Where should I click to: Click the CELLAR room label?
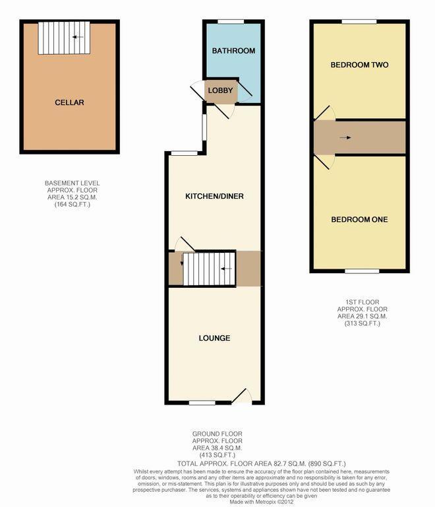point(69,102)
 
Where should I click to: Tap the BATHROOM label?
point(233,51)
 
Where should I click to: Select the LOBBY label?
point(219,90)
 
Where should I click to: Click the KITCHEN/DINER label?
point(214,197)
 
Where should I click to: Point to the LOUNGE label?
point(214,338)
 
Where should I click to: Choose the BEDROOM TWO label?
point(359,65)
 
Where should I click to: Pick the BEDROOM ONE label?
point(359,220)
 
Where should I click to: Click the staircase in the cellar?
point(63,38)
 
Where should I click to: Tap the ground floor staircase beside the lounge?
point(208,269)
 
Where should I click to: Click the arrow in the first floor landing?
point(345,138)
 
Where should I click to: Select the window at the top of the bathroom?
point(231,22)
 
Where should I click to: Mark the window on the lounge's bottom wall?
point(202,403)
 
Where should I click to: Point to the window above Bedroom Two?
point(359,22)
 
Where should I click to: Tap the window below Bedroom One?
point(362,271)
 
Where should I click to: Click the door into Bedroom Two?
point(324,114)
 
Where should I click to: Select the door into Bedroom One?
point(324,162)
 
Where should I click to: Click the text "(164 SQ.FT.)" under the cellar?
point(72,205)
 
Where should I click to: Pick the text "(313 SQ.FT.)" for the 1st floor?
point(362,323)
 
